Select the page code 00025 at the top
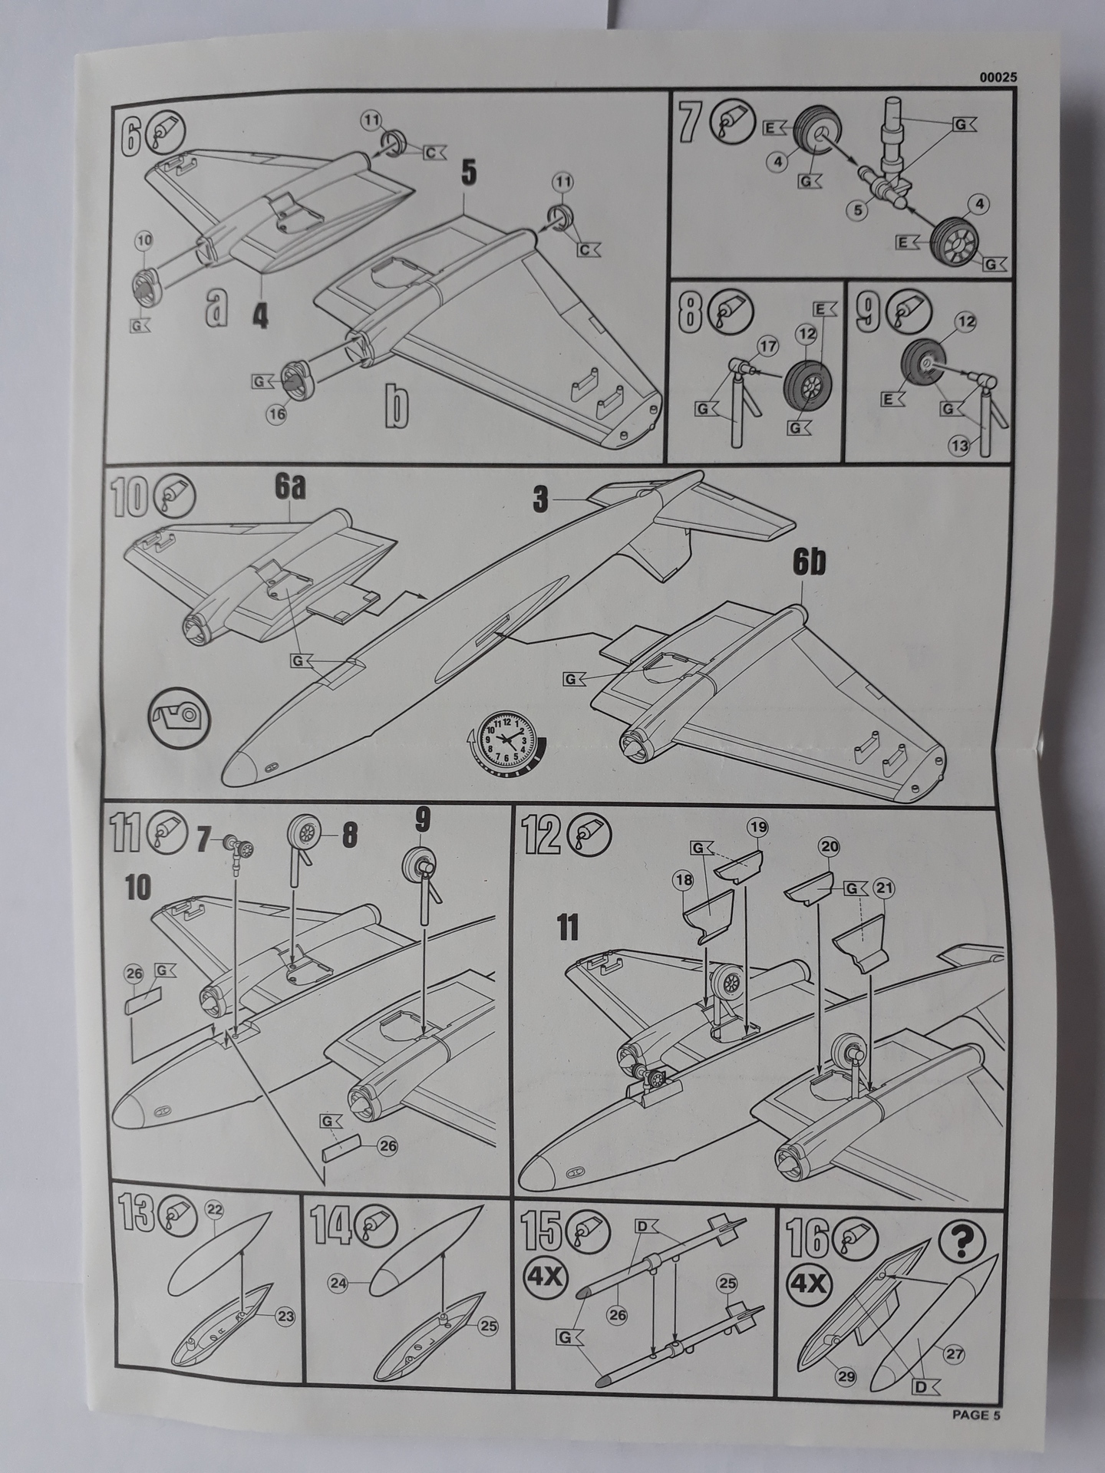(x=998, y=77)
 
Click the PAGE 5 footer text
(x=976, y=1415)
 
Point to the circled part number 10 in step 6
(x=143, y=240)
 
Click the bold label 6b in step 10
(x=810, y=564)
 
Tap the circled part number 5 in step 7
(x=856, y=209)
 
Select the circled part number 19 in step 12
(x=758, y=828)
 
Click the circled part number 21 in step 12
(x=885, y=888)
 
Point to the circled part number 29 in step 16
(x=846, y=1377)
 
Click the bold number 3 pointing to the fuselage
(x=542, y=501)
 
